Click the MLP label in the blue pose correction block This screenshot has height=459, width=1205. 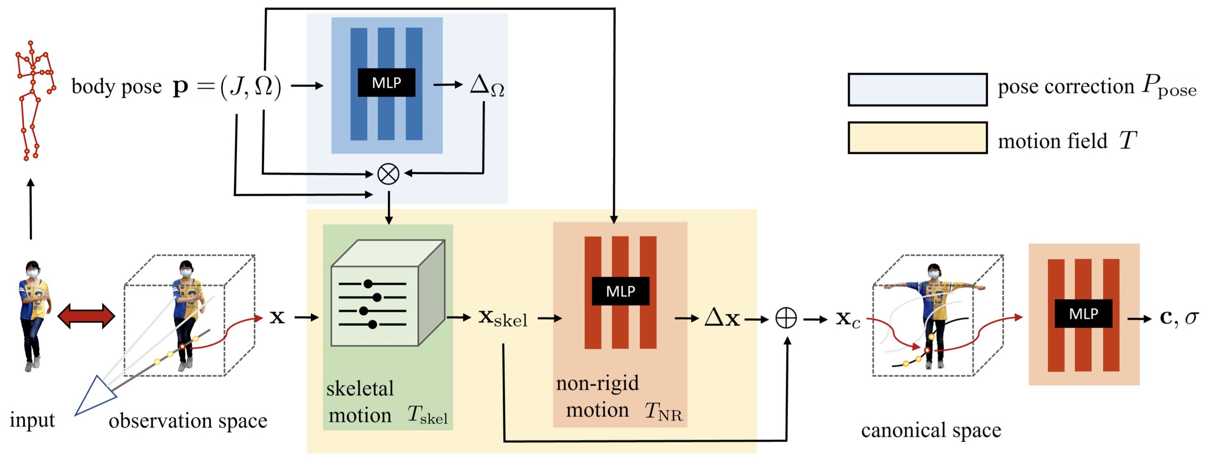pyautogui.click(x=386, y=83)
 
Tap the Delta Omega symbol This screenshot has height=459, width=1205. pyautogui.click(x=487, y=86)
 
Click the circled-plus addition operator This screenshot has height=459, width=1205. pyautogui.click(x=786, y=318)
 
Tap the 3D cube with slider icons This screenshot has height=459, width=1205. pyautogui.click(x=387, y=294)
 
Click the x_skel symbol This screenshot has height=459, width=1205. pyautogui.click(x=502, y=318)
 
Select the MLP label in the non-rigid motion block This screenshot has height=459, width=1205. pyautogui.click(x=620, y=291)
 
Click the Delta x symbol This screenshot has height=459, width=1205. pyautogui.click(x=722, y=318)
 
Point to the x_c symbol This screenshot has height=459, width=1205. pyautogui.click(x=848, y=319)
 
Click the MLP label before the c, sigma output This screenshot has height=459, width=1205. pyautogui.click(x=1083, y=313)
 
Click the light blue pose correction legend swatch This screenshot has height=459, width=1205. pyautogui.click(x=917, y=89)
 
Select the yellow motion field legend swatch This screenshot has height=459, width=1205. pyautogui.click(x=917, y=137)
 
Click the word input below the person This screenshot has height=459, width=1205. pyautogui.click(x=32, y=420)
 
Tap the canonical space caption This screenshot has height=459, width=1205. pyautogui.click(x=931, y=430)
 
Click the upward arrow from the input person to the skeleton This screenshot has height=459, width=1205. pyautogui.click(x=31, y=208)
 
